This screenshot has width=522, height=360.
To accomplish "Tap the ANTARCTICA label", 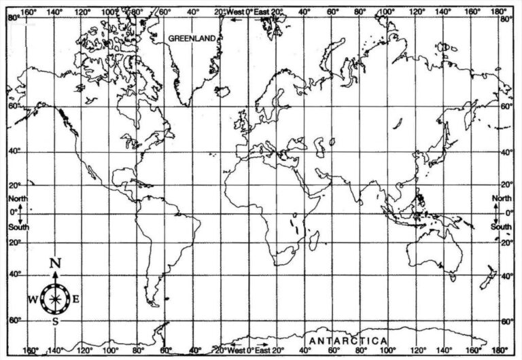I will tap(348, 340).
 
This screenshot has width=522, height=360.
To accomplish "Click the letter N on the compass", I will tap(56, 264).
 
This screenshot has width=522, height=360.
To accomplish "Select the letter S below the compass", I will tap(56, 321).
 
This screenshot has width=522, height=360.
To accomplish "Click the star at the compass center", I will tap(55, 297).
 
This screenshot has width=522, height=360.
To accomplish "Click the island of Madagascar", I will tap(314, 239).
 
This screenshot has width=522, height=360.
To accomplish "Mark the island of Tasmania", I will tap(453, 276).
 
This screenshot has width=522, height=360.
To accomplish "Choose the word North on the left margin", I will tap(18, 198).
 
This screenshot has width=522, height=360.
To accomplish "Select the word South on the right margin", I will tap(502, 227).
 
